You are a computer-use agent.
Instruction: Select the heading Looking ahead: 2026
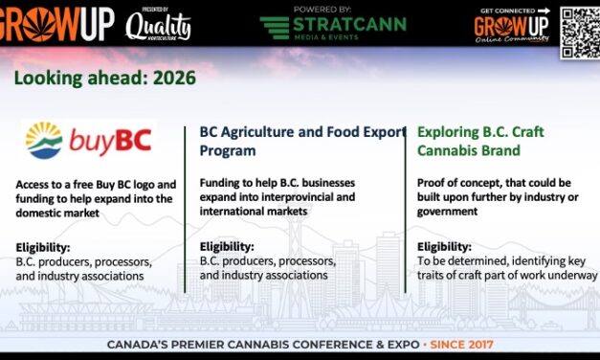point(104,78)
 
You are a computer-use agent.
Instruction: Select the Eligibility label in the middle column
point(227,246)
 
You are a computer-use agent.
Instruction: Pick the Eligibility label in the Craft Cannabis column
point(444,246)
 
